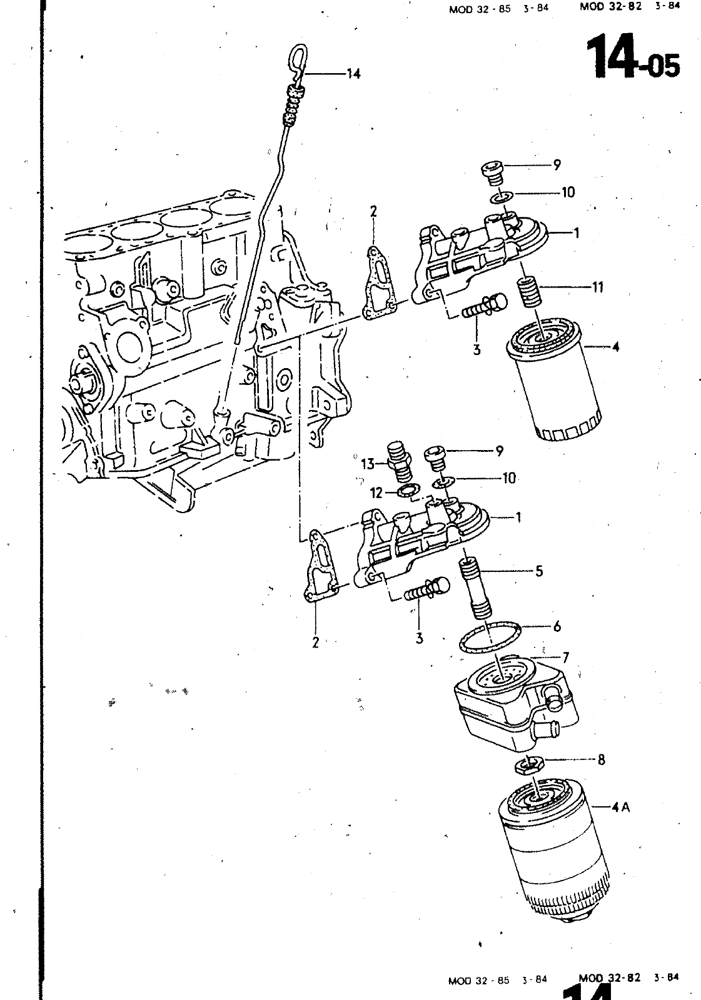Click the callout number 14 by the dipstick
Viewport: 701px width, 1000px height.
click(x=353, y=74)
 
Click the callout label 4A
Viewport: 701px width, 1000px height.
click(x=620, y=807)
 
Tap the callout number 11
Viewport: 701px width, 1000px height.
click(x=597, y=287)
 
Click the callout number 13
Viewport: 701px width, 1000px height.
click(x=368, y=464)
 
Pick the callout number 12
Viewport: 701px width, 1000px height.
click(x=376, y=493)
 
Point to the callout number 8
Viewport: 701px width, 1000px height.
click(x=601, y=759)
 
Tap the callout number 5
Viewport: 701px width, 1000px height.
click(x=539, y=571)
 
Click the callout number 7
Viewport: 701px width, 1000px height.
click(x=566, y=657)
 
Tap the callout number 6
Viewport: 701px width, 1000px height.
click(x=557, y=626)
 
